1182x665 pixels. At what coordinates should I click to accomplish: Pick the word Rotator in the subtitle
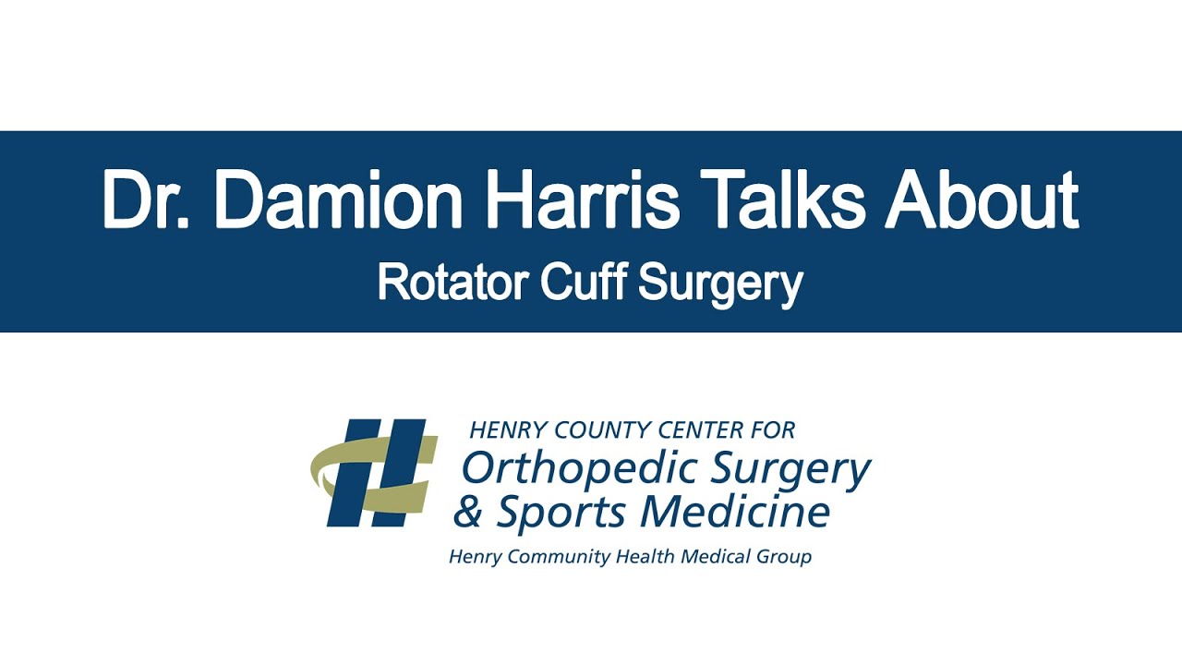[x=452, y=283]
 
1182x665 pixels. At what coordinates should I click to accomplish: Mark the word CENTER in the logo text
[x=708, y=429]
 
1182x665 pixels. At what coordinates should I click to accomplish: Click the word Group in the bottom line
[x=786, y=557]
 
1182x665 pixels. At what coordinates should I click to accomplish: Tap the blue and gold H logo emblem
[x=374, y=473]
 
